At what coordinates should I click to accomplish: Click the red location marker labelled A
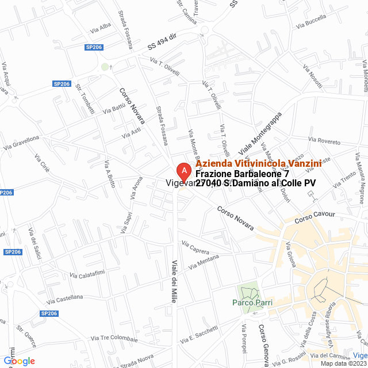(183, 171)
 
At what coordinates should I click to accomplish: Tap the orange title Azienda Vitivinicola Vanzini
(258, 164)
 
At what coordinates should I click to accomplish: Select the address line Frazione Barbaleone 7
(242, 174)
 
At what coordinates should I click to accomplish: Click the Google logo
(19, 361)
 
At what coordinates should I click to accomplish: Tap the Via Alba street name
(101, 26)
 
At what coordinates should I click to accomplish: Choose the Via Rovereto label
(324, 140)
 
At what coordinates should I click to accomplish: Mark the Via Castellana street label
(65, 298)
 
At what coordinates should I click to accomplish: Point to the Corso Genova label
(264, 345)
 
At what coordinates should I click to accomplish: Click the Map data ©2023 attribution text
(343, 363)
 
